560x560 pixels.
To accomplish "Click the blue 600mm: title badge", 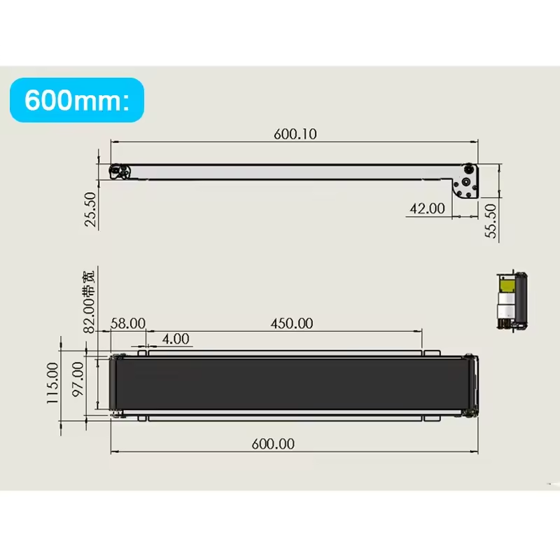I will (x=77, y=100).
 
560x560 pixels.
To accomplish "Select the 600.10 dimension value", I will (x=295, y=134).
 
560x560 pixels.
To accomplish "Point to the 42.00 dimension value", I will (x=427, y=208).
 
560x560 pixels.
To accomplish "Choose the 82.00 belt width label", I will (x=88, y=297).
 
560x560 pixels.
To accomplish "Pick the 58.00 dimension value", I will (x=127, y=323).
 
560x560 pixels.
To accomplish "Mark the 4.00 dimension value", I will (x=175, y=339).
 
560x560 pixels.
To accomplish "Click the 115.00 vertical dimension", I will (x=52, y=384).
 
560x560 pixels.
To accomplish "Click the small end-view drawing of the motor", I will (x=511, y=300).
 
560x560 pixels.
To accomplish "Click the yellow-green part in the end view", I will (x=505, y=285).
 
